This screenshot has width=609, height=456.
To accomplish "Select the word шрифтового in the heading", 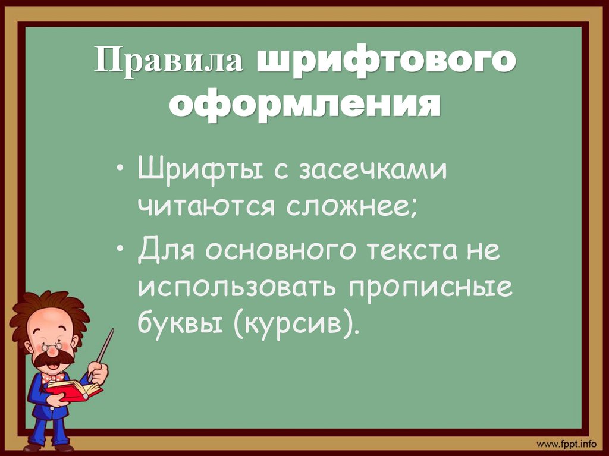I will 385,62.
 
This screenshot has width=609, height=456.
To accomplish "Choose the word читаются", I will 202,206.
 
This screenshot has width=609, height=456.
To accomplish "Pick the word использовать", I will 234,287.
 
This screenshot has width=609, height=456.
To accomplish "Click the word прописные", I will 426,288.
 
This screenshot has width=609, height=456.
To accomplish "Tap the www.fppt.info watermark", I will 566,444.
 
